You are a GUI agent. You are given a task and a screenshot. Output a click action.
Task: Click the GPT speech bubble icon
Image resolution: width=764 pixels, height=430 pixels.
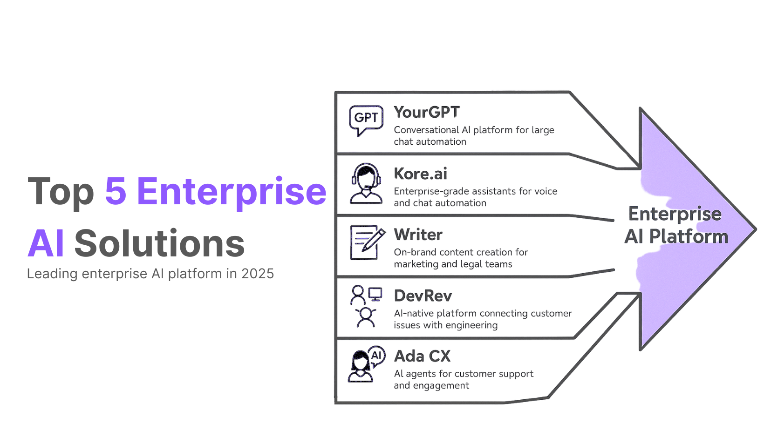pos(366,120)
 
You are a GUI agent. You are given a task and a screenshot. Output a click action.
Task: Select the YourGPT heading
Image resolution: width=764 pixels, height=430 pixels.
pos(427,112)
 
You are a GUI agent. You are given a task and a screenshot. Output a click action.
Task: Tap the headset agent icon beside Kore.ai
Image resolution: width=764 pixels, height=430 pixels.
pos(366,183)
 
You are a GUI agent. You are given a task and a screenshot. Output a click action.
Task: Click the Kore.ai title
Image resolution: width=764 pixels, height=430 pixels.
pos(420,174)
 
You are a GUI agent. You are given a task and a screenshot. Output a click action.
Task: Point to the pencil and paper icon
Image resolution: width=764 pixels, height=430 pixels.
pos(367,242)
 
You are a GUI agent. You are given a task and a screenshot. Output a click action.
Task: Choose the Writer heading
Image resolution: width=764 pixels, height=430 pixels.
pos(418,235)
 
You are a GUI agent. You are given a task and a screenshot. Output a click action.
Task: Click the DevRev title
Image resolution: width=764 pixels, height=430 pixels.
pos(423,296)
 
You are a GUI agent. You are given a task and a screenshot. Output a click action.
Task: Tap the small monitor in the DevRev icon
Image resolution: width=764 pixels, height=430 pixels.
pos(375,294)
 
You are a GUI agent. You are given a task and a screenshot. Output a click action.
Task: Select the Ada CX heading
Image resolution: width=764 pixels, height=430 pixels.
pos(422,356)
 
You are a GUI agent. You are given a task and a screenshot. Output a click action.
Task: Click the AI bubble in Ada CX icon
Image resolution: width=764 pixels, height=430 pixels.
pos(376,356)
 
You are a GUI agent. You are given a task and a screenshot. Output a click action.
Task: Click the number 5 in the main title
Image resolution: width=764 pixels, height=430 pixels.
pos(116,191)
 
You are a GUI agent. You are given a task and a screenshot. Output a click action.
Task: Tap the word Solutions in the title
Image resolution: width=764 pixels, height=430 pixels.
pos(159,243)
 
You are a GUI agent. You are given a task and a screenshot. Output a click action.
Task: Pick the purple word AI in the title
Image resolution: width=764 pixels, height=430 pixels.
pos(46,243)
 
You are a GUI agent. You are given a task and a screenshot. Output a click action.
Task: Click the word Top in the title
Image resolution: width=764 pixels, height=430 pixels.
pos(61,192)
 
